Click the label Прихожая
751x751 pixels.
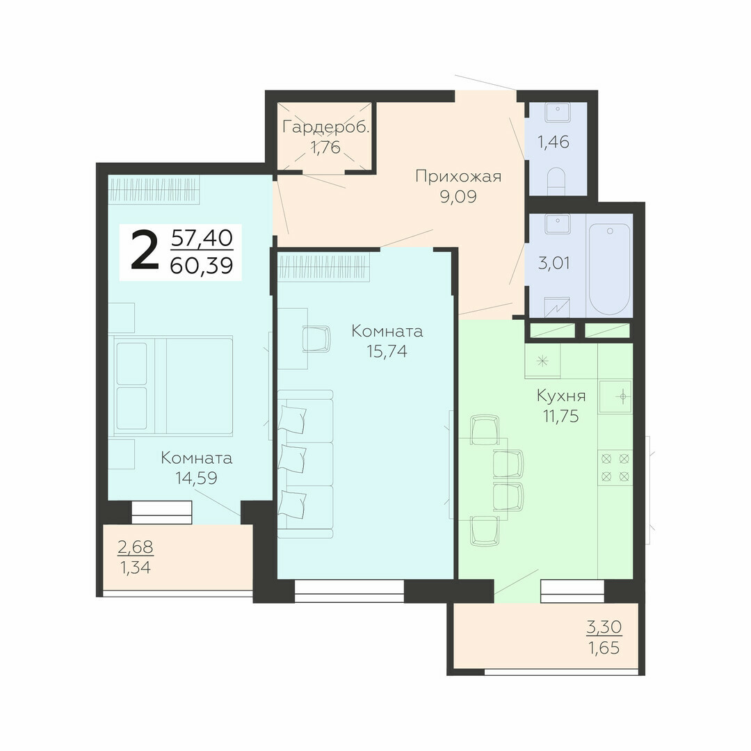458,176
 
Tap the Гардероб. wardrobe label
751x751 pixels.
325,127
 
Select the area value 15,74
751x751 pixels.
387,351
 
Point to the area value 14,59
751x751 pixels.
196,478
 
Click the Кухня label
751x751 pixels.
561,396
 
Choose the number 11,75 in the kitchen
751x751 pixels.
561,417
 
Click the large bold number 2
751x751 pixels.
144,250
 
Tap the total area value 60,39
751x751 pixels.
202,265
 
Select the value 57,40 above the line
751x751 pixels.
202,238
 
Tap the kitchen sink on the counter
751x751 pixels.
615,396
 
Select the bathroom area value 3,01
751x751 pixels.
554,263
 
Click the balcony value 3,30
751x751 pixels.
604,627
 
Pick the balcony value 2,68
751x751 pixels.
136,547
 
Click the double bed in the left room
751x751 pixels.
173,385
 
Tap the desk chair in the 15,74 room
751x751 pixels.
316,339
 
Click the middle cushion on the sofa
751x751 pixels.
292,458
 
